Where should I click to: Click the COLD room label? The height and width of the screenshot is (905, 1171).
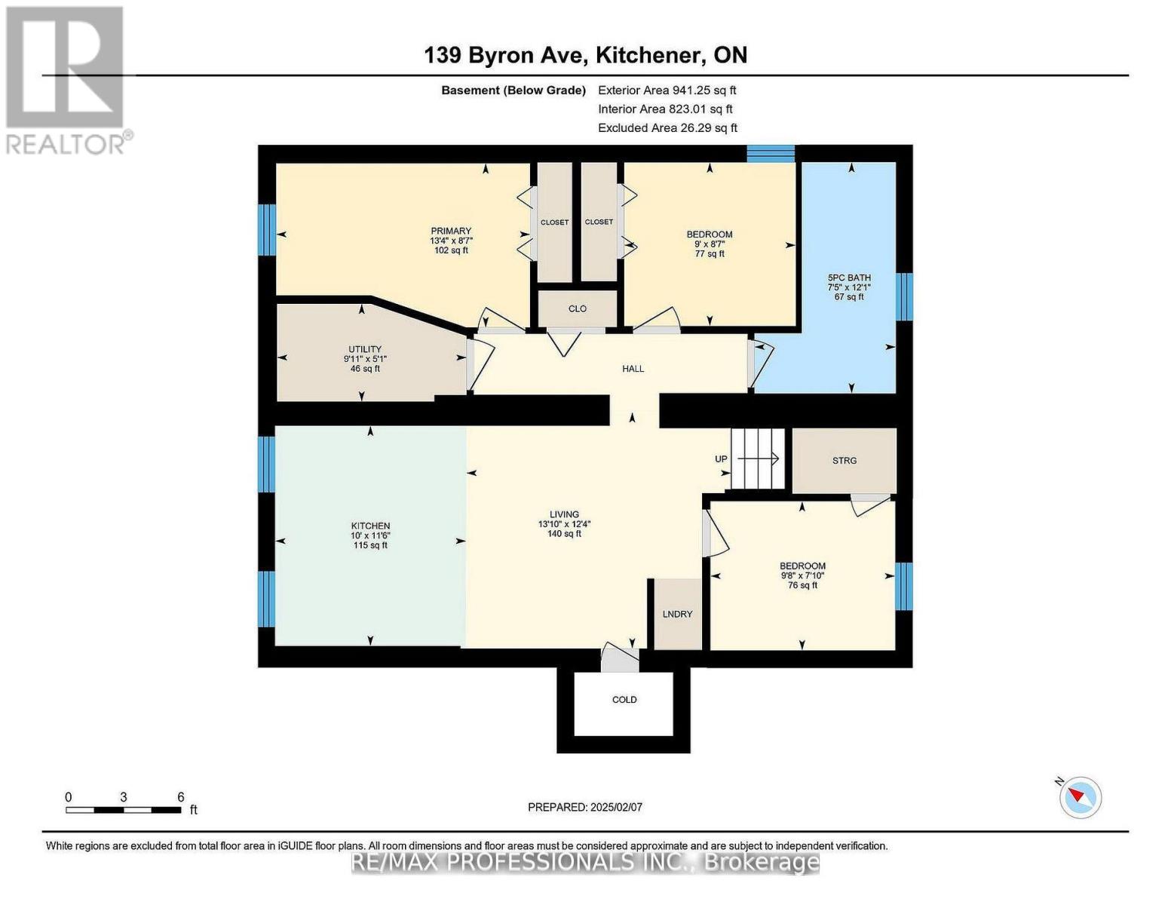[x=624, y=700]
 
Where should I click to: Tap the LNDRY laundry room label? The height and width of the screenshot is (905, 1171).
[x=677, y=614]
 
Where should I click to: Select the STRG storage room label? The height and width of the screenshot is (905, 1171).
[x=844, y=460]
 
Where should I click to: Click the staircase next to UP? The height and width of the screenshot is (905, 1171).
[x=757, y=459]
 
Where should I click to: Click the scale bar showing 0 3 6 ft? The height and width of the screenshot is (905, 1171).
[x=124, y=809]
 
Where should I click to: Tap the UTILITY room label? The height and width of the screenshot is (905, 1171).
[x=365, y=349]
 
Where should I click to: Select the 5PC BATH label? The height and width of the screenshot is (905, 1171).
[x=849, y=278]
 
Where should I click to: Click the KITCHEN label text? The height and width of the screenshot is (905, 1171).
[x=370, y=526]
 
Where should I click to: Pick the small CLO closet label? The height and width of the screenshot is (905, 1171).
[x=577, y=309]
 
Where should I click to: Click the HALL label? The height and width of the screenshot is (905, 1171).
[x=633, y=369]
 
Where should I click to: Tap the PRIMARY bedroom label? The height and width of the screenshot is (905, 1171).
[x=450, y=231]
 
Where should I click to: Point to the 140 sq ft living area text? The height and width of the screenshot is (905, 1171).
[x=564, y=534]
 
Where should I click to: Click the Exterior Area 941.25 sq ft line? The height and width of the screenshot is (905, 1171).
[x=667, y=90]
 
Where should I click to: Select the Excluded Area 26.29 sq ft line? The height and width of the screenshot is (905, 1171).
[x=667, y=128]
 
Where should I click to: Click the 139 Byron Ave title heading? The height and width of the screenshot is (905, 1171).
[x=586, y=55]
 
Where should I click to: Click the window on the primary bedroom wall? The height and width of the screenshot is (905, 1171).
[x=266, y=229]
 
